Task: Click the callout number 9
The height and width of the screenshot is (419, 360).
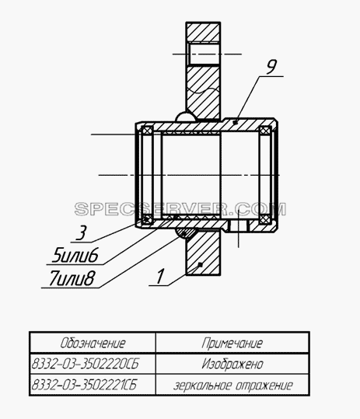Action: tap(271, 67)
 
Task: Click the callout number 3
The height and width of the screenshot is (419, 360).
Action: tap(81, 232)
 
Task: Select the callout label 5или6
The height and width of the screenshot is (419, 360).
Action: tap(75, 255)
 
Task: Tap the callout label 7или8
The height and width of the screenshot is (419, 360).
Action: tap(72, 278)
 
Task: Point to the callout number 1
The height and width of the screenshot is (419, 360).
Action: tap(160, 276)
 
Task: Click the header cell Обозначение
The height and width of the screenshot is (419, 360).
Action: tap(93, 343)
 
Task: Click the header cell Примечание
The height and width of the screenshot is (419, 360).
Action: tap(232, 343)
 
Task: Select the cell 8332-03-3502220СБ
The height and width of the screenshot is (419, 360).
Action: tap(86, 364)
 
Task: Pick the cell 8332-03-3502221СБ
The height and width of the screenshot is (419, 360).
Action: tap(84, 385)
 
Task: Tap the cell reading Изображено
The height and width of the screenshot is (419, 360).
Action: tap(232, 364)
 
